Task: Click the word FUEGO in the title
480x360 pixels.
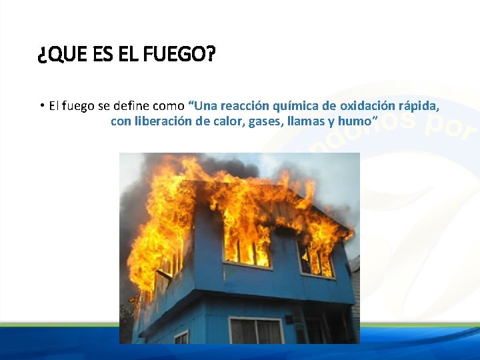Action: click(185, 55)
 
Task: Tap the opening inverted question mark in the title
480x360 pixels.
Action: click(42, 55)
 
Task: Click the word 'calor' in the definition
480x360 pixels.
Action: click(228, 121)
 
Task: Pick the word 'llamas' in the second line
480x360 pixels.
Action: click(306, 121)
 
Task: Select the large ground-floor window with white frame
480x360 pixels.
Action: click(256, 331)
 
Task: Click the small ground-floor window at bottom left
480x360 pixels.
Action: click(181, 337)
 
